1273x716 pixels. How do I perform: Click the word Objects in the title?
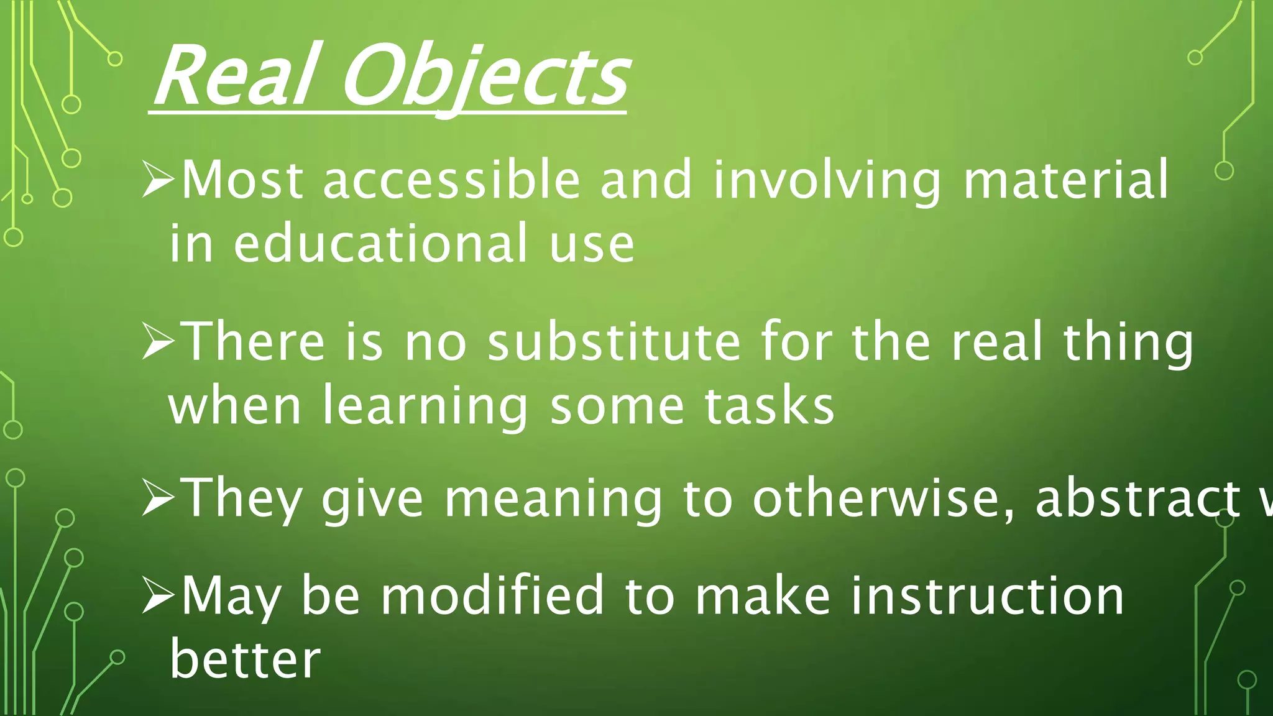click(484, 77)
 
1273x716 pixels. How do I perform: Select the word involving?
click(827, 181)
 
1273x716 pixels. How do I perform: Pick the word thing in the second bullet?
click(1128, 343)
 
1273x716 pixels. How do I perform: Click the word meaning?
click(553, 499)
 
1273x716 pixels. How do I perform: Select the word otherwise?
click(883, 498)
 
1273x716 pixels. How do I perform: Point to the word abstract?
click(1137, 498)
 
